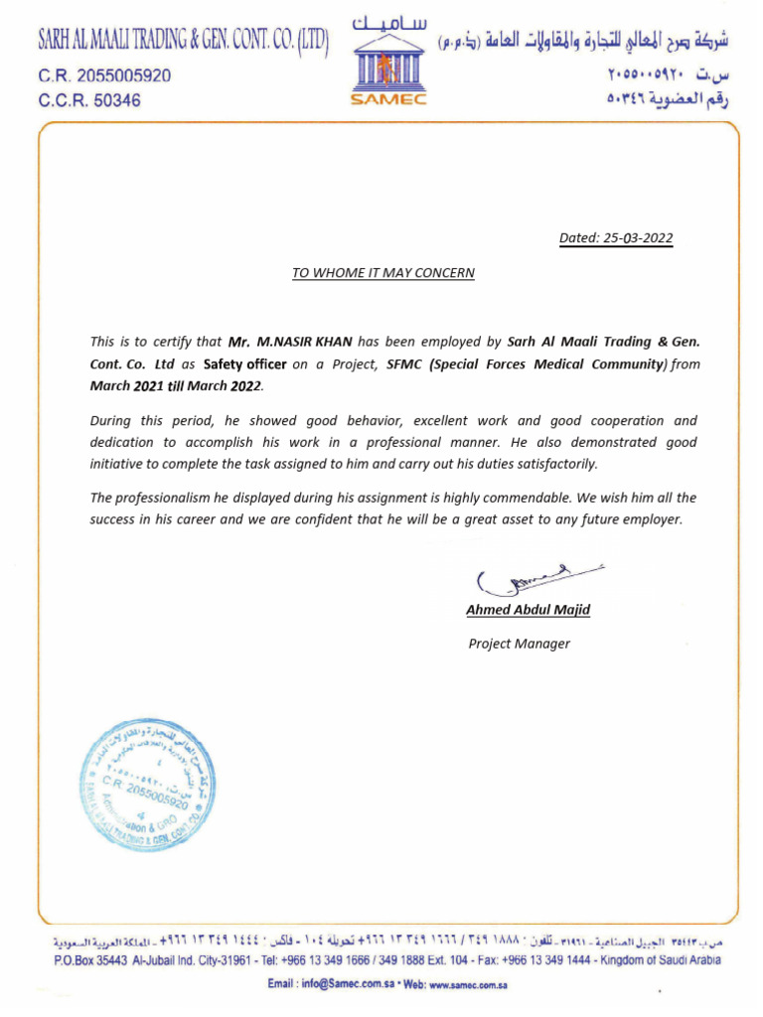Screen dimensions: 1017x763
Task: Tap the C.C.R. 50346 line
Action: pos(89,100)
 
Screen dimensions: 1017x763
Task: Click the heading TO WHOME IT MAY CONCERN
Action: pos(382,272)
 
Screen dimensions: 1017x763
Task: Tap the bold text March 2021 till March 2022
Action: pos(178,385)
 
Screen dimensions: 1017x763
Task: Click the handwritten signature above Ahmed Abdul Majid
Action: pos(536,578)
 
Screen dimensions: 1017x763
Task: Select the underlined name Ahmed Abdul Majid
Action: pos(528,610)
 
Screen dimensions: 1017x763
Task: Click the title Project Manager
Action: pos(519,644)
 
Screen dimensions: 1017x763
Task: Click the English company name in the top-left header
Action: pos(183,41)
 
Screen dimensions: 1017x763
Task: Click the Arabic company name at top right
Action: pos(582,41)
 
